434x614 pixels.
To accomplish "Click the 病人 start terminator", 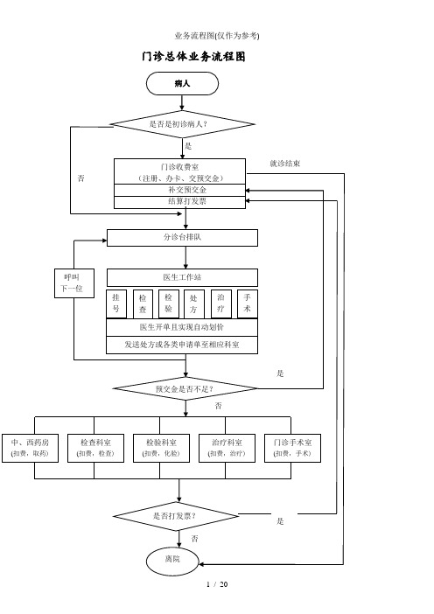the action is click(x=182, y=83).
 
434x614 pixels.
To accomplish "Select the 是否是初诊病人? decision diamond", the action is click(x=183, y=124).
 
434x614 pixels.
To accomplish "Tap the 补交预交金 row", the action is click(x=179, y=190).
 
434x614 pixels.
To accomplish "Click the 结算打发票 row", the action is click(x=179, y=202).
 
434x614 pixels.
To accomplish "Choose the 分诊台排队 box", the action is click(x=182, y=238).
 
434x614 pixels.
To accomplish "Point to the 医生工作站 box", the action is click(x=182, y=277).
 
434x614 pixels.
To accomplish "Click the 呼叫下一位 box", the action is click(x=74, y=283).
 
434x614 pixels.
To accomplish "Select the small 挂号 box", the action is click(x=116, y=304).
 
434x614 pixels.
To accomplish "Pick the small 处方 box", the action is click(x=194, y=304).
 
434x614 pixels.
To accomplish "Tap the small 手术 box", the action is click(x=247, y=304).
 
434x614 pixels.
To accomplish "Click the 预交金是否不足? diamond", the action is click(x=185, y=389).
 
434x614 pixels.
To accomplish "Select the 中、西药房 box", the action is click(x=30, y=448).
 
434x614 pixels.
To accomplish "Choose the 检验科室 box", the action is click(x=161, y=448).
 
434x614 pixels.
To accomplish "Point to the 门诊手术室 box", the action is click(x=292, y=448).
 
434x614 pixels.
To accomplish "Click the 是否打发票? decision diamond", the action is click(x=176, y=516).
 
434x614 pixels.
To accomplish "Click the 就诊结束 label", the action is click(x=285, y=164).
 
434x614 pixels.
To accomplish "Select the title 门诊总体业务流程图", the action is click(x=193, y=57).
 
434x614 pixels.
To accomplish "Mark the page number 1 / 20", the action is click(x=217, y=584).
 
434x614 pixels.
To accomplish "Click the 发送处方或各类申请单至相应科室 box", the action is click(x=182, y=345).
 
